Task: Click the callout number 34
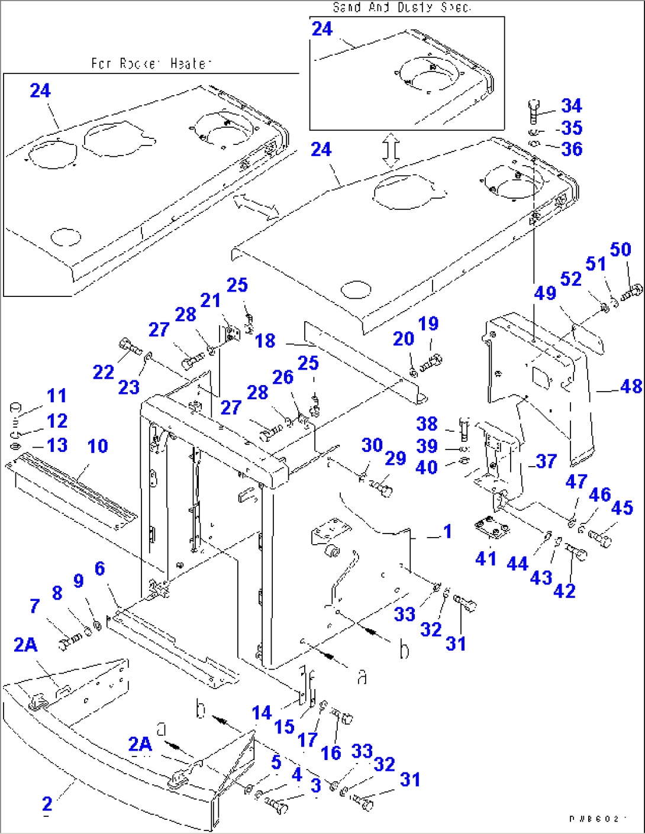pyautogui.click(x=571, y=106)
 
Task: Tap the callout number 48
pyautogui.click(x=631, y=386)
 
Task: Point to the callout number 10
pyautogui.click(x=98, y=446)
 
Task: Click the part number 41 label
pyautogui.click(x=486, y=558)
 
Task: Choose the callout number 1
pyautogui.click(x=447, y=531)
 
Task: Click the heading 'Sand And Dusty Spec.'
pyautogui.click(x=401, y=7)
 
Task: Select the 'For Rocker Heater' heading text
pyautogui.click(x=151, y=63)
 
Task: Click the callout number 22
pyautogui.click(x=104, y=372)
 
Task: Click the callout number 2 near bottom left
pyautogui.click(x=47, y=804)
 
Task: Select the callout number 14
pyautogui.click(x=262, y=713)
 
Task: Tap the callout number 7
pyautogui.click(x=35, y=606)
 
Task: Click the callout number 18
pyautogui.click(x=265, y=341)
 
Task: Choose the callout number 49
pyautogui.click(x=545, y=293)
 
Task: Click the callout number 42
pyautogui.click(x=564, y=590)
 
